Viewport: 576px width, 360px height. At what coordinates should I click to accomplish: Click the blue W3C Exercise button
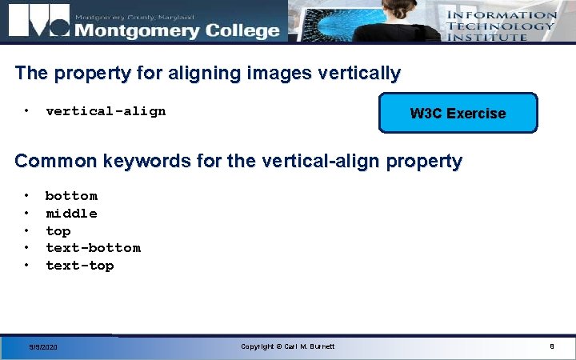pyautogui.click(x=458, y=113)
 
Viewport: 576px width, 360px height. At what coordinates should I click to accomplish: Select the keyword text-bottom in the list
pyautogui.click(x=93, y=248)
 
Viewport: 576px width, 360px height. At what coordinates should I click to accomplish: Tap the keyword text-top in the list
pyautogui.click(x=80, y=266)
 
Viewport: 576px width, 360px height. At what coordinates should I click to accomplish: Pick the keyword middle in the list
pyautogui.click(x=71, y=214)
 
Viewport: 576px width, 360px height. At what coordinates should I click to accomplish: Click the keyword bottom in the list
pyautogui.click(x=71, y=196)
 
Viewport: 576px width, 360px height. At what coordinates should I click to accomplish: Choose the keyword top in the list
pyautogui.click(x=58, y=231)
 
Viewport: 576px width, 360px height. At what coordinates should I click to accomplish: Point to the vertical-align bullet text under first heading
pyautogui.click(x=106, y=111)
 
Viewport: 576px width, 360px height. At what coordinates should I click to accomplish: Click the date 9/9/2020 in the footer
pyautogui.click(x=43, y=347)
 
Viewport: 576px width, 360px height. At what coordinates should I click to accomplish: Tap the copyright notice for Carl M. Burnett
pyautogui.click(x=288, y=346)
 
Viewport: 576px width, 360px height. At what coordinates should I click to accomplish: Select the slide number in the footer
pyautogui.click(x=551, y=346)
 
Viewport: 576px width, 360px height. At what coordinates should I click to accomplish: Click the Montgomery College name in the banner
pyautogui.click(x=177, y=30)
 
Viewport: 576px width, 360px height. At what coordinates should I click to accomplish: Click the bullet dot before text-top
pyautogui.click(x=27, y=265)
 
